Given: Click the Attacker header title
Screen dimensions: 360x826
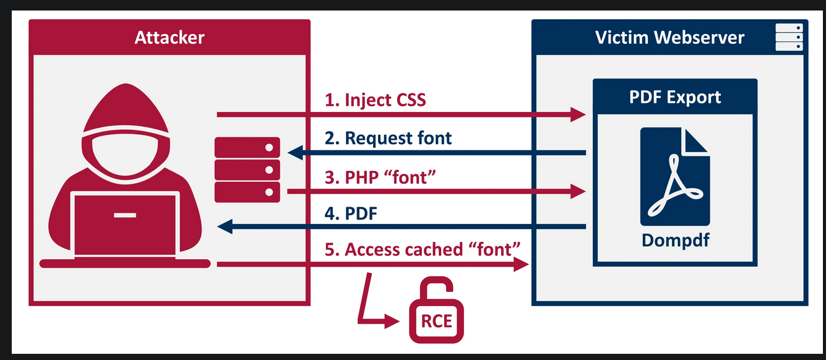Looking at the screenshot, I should (169, 38).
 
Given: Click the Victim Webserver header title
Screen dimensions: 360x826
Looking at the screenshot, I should (669, 38).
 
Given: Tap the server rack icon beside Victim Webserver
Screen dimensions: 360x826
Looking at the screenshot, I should (789, 37).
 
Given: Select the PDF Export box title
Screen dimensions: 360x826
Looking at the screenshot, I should (675, 97).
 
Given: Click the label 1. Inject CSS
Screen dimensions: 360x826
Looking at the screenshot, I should (376, 100).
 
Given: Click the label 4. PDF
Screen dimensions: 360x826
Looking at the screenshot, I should (351, 213).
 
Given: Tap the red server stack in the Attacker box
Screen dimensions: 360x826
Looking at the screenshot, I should (247, 169).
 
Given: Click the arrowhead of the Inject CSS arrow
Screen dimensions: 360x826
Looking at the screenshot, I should (578, 114).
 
